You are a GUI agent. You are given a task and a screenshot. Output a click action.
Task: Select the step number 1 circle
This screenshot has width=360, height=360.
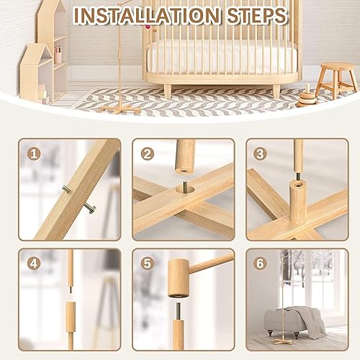pos(32,154)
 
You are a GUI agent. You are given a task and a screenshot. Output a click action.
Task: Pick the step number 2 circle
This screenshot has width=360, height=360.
pos(148,154)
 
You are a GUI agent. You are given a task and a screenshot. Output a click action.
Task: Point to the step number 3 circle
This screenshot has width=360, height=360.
pos(261,154)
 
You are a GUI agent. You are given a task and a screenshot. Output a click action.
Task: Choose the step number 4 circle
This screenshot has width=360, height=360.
pos(32,264)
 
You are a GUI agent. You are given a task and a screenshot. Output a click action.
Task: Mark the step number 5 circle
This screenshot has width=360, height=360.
pos(148,264)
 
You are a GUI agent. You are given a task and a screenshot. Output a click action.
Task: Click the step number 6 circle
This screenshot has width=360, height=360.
pos(261,264)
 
